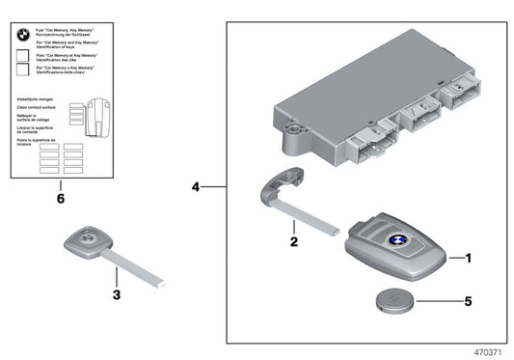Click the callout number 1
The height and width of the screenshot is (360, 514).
pos(470,258)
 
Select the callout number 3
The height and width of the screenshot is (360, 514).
pos(116,294)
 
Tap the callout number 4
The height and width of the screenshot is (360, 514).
pos(196,185)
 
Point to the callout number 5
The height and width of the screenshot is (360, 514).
pos(470,301)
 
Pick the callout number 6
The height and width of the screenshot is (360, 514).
pos(61,198)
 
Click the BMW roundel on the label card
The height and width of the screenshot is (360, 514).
pos(22,34)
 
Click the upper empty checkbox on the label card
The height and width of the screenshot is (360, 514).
pos(22,58)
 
